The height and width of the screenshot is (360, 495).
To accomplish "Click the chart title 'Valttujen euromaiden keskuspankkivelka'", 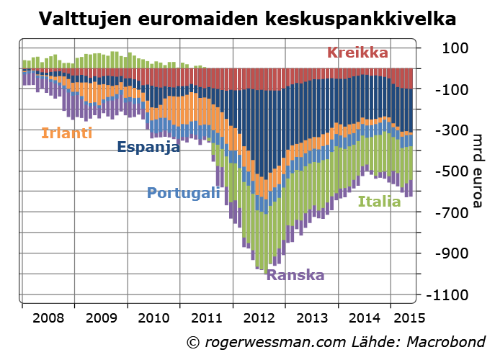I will (x=247, y=19).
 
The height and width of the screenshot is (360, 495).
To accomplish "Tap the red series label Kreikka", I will (x=357, y=53).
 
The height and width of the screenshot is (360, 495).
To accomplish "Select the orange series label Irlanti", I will (x=66, y=132).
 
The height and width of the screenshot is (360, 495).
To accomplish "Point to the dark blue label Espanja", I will (x=148, y=147).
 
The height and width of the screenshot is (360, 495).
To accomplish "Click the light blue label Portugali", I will (x=183, y=193).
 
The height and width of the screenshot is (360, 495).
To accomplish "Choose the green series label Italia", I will (x=379, y=202).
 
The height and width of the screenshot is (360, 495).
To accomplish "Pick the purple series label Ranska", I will (x=295, y=275).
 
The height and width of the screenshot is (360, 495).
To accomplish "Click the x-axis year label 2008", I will (x=48, y=317).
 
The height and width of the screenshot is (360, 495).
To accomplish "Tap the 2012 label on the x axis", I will (x=259, y=317).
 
